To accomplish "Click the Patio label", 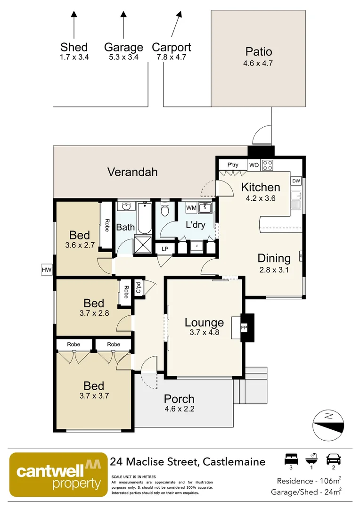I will [x=258, y=52].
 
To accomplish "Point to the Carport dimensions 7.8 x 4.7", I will [x=172, y=57].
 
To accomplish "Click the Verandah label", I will [x=132, y=172].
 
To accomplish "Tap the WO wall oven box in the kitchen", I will [x=254, y=165].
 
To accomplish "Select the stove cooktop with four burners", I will [x=268, y=165].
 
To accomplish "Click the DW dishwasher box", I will [x=296, y=181].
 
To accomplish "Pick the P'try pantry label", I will [x=233, y=165].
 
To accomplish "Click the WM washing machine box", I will [x=191, y=208].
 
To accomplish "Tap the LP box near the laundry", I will [x=165, y=248].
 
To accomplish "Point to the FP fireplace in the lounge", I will [x=245, y=327].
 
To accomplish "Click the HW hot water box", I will [x=47, y=270].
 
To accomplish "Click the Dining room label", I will [x=274, y=258].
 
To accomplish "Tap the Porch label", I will [x=179, y=399].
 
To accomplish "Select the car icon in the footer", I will [x=334, y=459].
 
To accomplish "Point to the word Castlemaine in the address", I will [x=234, y=461].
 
